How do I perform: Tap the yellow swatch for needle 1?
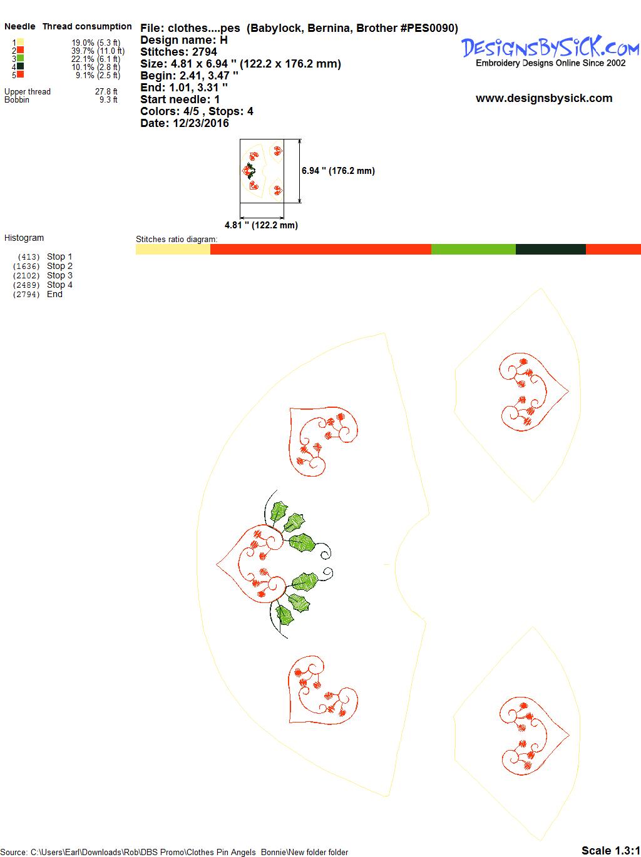click(20, 42)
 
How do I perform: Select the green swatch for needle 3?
click(20, 58)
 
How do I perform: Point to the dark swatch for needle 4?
click(20, 66)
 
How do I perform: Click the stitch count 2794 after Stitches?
click(204, 52)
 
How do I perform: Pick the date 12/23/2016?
click(201, 123)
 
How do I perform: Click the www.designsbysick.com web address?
click(544, 98)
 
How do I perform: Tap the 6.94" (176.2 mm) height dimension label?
click(338, 171)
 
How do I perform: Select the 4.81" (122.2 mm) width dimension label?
click(261, 225)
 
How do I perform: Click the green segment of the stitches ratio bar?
click(473, 249)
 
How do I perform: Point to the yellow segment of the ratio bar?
click(173, 249)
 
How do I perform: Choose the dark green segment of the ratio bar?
click(551, 249)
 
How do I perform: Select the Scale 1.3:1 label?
click(611, 850)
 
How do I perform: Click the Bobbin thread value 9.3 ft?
click(108, 100)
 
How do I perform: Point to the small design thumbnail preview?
click(262, 171)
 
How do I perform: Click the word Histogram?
click(24, 238)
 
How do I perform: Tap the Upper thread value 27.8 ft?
click(106, 92)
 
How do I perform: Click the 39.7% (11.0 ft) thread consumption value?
click(98, 51)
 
